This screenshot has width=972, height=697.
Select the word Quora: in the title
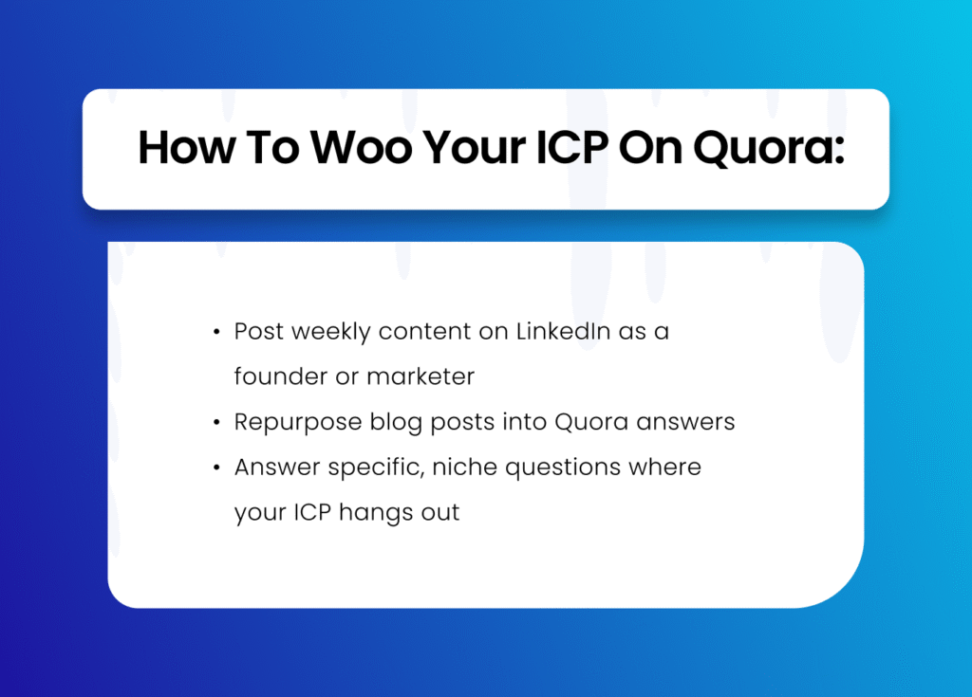point(769,149)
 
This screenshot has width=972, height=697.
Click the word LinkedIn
point(563,332)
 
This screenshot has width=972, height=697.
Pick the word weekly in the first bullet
point(331,333)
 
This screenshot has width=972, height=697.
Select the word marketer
point(421,376)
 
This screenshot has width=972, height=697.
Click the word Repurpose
point(298,423)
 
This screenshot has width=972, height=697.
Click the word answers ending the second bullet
point(685,423)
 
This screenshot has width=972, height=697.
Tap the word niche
point(465,468)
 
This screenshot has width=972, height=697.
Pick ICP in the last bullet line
point(312,512)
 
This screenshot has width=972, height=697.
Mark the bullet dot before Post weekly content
point(216,332)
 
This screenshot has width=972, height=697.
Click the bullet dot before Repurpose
point(216,423)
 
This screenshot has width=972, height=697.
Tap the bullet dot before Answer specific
point(216,468)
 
